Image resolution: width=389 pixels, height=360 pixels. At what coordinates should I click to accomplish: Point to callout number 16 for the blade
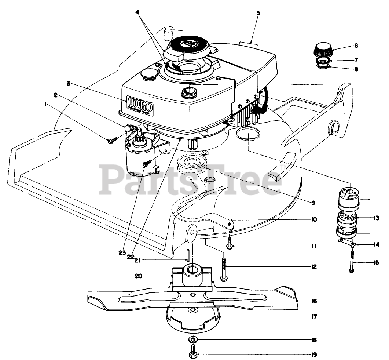313,301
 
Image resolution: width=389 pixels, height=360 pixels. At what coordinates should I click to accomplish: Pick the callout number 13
377,218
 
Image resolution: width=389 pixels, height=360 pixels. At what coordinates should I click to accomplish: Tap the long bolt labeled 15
352,261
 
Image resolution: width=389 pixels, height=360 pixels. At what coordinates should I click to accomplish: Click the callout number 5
258,13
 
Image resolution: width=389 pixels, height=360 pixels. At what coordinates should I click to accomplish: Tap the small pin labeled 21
188,254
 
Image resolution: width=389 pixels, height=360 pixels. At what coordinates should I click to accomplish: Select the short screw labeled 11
230,243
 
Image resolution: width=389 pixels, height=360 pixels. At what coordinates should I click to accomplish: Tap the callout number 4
137,12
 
